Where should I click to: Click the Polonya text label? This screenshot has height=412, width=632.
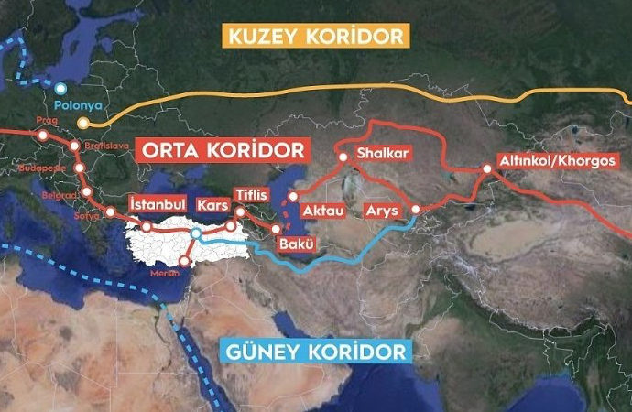point(77,105)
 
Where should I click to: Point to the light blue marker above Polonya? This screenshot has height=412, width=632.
point(60,89)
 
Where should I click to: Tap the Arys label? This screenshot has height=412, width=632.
point(381,211)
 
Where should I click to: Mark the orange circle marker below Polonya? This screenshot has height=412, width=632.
point(83,122)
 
